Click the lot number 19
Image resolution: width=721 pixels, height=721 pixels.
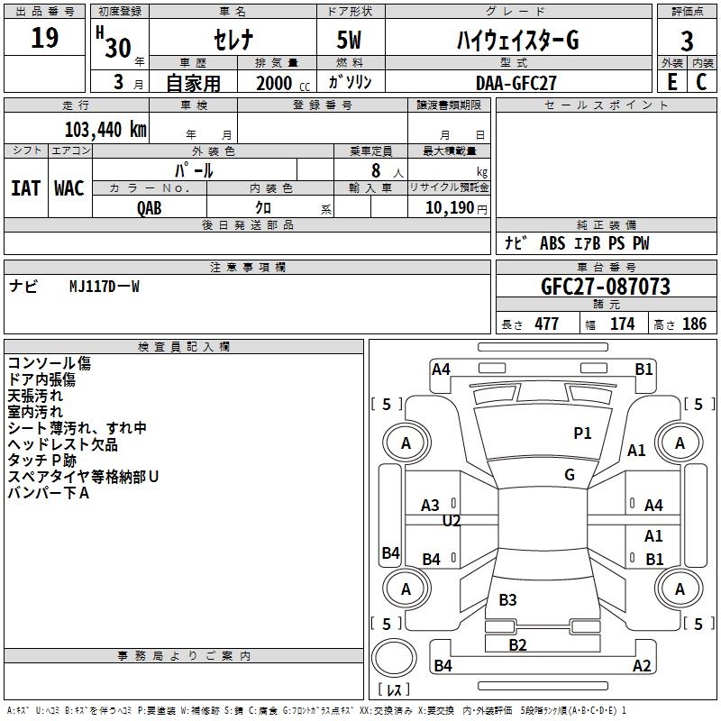pyautogui.click(x=44, y=38)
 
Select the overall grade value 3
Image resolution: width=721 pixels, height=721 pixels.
pyautogui.click(x=687, y=41)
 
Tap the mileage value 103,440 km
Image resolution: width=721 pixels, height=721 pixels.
pyautogui.click(x=105, y=130)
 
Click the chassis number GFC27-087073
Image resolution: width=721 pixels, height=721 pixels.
pyautogui.click(x=606, y=286)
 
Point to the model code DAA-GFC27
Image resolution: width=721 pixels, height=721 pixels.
pyautogui.click(x=516, y=83)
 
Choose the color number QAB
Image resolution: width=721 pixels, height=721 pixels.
pyautogui.click(x=150, y=208)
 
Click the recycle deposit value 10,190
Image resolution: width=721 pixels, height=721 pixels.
pyautogui.click(x=449, y=208)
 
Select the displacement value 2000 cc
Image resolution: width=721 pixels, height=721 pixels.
pyautogui.click(x=283, y=83)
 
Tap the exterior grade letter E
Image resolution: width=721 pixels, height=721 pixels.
pyautogui.click(x=672, y=82)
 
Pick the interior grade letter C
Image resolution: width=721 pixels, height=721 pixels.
pyautogui.click(x=701, y=82)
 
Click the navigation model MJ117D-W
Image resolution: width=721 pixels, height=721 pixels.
pyautogui.click(x=105, y=287)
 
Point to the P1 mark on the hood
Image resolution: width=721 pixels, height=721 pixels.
pyautogui.click(x=582, y=433)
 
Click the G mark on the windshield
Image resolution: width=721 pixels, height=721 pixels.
pyautogui.click(x=570, y=474)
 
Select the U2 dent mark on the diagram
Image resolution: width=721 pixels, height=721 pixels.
pyautogui.click(x=452, y=521)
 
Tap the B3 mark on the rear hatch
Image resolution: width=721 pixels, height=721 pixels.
pyautogui.click(x=507, y=599)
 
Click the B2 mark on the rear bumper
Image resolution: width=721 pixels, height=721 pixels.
pyautogui.click(x=517, y=644)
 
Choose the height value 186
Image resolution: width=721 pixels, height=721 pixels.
pyautogui.click(x=694, y=324)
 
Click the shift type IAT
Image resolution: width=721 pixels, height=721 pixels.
pyautogui.click(x=25, y=188)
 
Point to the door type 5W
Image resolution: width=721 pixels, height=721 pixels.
pyautogui.click(x=349, y=40)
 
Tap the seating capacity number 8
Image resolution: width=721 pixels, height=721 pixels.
pyautogui.click(x=376, y=170)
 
